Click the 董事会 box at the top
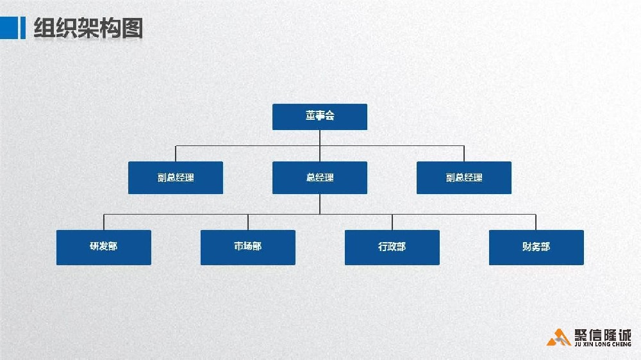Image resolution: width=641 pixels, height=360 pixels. (x=320, y=117)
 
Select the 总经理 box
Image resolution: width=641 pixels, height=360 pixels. (x=320, y=177)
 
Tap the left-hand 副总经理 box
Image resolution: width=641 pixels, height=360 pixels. (x=176, y=177)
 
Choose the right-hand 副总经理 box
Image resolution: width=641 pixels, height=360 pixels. (x=464, y=177)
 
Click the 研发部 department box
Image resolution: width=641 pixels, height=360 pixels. (x=104, y=247)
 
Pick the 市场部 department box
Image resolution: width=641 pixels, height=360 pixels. (x=248, y=247)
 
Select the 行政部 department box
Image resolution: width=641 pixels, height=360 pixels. (x=392, y=247)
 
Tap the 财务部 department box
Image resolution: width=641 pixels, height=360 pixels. (x=537, y=247)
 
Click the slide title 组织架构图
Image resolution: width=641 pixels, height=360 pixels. (x=88, y=28)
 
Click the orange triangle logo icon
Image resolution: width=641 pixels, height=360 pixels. (x=558, y=337)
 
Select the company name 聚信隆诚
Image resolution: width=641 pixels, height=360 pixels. (x=602, y=334)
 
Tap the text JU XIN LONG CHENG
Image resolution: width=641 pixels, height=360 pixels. (x=603, y=344)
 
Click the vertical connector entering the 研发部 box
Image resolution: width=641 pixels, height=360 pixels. (x=104, y=222)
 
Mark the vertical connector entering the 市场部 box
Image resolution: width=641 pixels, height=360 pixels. (x=248, y=222)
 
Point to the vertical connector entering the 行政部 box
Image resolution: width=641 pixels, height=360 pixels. (x=392, y=222)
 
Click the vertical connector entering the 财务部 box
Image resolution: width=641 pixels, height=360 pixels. (x=536, y=222)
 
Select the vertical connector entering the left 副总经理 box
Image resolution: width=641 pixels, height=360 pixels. (x=176, y=154)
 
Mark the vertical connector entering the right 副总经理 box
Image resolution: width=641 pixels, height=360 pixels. (x=464, y=154)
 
